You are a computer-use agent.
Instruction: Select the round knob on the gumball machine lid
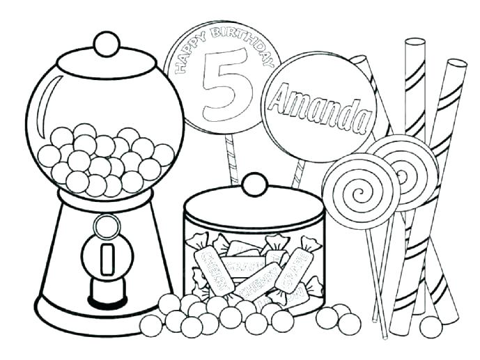tap(106, 44)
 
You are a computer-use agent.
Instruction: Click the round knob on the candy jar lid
tap(254, 185)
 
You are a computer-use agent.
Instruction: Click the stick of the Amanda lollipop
tap(299, 173)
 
